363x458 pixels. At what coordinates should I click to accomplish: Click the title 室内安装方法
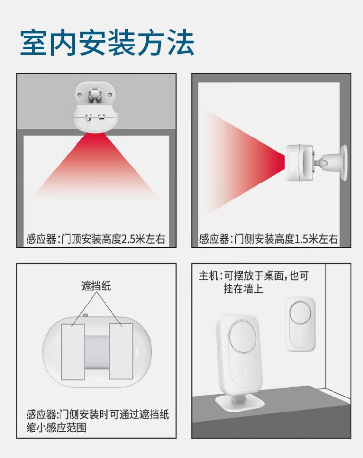coord(107,43)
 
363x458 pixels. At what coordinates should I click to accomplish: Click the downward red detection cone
coord(95,165)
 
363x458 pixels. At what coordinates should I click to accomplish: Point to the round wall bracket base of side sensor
coord(343,162)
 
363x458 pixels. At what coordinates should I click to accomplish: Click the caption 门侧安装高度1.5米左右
coord(286,239)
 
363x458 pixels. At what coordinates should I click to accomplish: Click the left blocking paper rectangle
coord(73,351)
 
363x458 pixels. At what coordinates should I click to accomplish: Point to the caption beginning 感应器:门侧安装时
coord(98,421)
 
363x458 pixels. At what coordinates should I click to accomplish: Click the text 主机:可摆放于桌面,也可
coord(254,275)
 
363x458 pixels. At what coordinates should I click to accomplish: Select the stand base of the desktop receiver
coord(240,403)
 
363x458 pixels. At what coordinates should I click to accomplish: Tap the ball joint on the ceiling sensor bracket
coord(94,94)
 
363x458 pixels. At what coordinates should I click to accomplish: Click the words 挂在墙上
coord(243,289)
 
